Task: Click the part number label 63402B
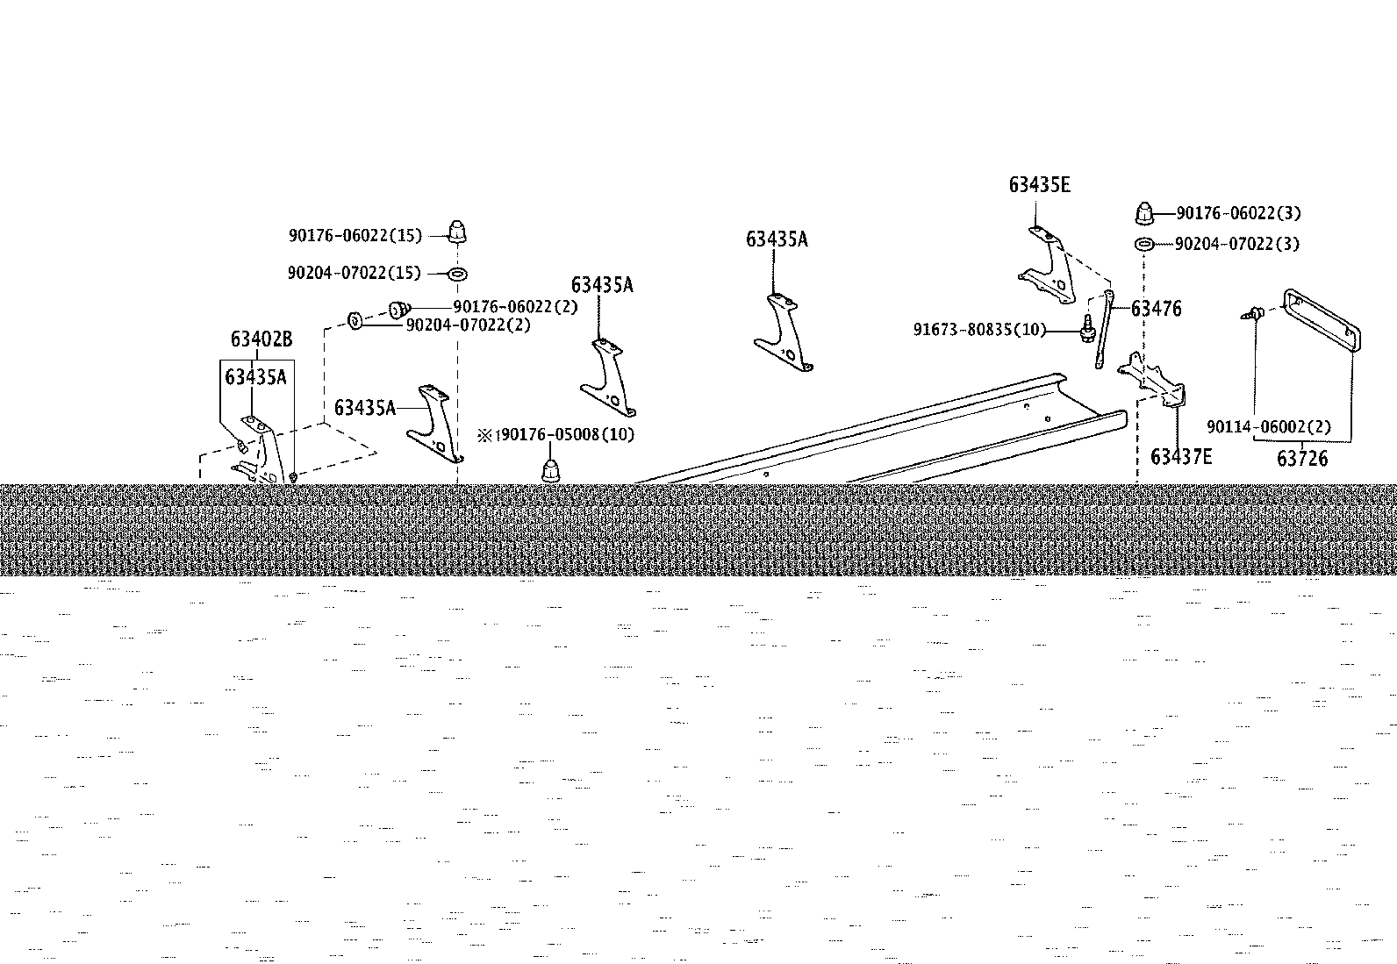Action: coord(261,339)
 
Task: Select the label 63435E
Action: coord(1040,185)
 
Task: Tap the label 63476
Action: coord(1156,309)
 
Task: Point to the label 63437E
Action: coord(1181,457)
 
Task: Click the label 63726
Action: coord(1302,459)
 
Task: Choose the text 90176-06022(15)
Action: coord(355,236)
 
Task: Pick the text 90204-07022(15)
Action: coord(355,273)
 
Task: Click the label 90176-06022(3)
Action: coord(1238,213)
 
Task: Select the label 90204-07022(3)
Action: coord(1237,244)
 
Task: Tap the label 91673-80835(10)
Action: coord(980,329)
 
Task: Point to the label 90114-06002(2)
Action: coord(1269,427)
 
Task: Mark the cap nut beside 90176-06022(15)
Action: coord(458,232)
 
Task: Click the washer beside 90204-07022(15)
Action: coord(458,274)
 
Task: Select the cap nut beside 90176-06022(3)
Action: coord(1144,213)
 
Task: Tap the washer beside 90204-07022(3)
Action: coord(1143,244)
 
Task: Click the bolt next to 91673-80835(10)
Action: coord(1087,329)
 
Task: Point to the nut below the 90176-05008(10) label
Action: coord(550,471)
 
